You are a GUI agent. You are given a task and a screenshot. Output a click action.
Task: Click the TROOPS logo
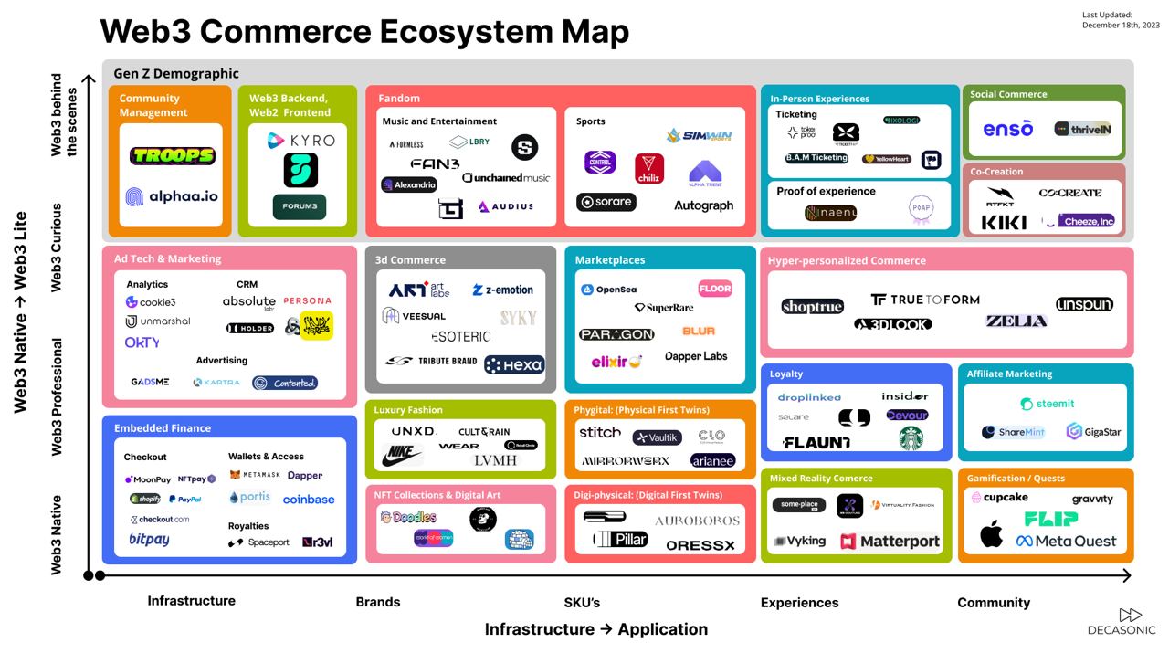[172, 156]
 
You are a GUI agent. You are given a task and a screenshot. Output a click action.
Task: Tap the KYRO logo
[300, 141]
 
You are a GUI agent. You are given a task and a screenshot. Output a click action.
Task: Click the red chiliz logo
[649, 169]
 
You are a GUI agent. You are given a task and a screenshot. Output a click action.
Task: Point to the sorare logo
[606, 202]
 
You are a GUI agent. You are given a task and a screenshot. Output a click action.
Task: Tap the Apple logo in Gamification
[991, 534]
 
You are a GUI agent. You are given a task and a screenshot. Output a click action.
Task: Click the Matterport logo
[890, 542]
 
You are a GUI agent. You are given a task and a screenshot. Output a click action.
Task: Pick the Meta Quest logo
[1066, 542]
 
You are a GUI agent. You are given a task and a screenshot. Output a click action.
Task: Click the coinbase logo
[309, 500]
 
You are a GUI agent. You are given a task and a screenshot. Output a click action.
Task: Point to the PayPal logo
[185, 500]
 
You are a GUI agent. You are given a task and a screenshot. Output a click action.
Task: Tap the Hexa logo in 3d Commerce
[514, 365]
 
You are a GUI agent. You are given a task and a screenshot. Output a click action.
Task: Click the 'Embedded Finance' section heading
[163, 428]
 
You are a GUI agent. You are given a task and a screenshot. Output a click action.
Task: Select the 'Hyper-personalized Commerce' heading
[847, 261]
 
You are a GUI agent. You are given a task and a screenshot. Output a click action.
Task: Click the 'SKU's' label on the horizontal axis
[582, 603]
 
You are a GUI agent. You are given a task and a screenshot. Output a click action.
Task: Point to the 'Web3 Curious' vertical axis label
[57, 248]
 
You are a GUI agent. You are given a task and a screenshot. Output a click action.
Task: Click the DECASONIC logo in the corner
[1122, 622]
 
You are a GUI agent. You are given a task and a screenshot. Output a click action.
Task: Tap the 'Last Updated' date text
[1121, 20]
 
